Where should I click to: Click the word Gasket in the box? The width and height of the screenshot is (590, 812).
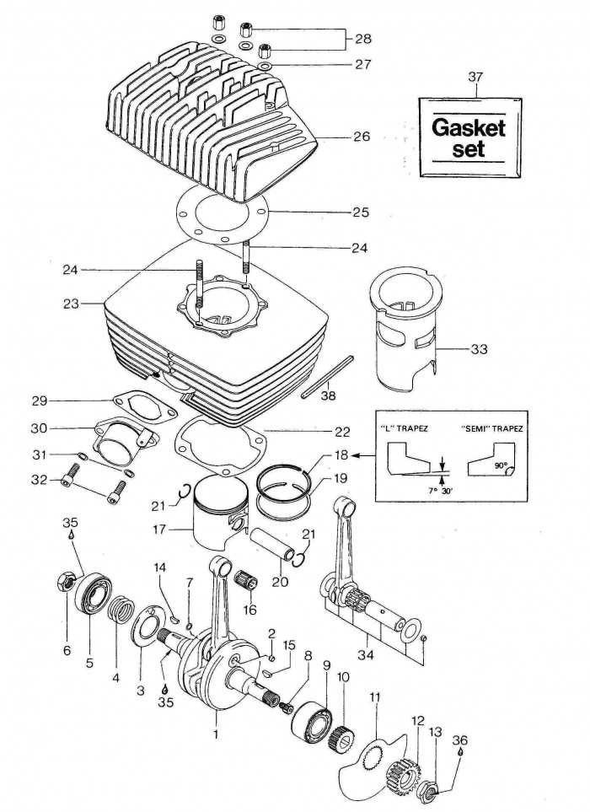point(469,127)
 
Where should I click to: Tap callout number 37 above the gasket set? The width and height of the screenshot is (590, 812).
point(475,78)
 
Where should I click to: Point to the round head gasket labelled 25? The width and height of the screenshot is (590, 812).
point(223,213)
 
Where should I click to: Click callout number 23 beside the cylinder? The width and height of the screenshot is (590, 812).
point(72,304)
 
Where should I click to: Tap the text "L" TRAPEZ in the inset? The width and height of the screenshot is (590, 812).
point(409,429)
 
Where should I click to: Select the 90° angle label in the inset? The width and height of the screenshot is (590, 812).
point(501,465)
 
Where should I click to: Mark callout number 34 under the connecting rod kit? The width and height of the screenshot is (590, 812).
point(367,654)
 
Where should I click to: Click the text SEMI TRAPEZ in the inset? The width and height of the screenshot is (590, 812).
point(491,429)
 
